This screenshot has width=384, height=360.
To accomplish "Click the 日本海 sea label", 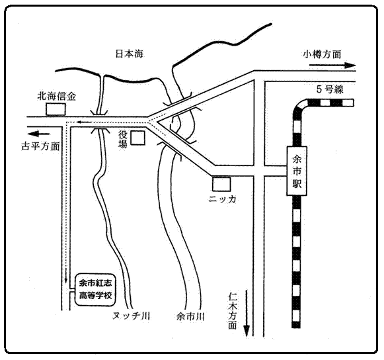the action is coord(130,54).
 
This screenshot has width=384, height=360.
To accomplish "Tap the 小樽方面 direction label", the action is coord(322,54).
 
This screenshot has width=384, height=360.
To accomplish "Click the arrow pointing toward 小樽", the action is coord(332,66).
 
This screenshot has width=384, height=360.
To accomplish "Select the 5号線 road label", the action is coord(330,89).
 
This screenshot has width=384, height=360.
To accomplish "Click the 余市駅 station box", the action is coord(297,171).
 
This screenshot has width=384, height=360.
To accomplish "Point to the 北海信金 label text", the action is coord(57,96).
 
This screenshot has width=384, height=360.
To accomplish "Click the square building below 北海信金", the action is coord(56,109).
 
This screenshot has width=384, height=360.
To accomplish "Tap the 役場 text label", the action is coord(123,139).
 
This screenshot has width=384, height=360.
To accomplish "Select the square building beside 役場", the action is coord(138,138).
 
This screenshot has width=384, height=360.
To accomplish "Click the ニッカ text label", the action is coord(222,199).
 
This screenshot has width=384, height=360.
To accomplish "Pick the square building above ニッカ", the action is coord(221,184).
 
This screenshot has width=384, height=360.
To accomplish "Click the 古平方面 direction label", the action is coord(41,146).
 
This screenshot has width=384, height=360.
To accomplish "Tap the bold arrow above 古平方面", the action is coord(38,134).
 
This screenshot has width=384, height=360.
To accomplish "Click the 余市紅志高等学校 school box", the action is coord(95,290).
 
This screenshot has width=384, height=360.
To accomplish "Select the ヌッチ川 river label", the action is coord(132,316).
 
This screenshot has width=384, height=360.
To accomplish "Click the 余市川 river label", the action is coord(190,316).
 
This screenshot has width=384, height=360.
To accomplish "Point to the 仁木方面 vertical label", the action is coord(233,311).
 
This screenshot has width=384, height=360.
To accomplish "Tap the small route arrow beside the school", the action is coord(65,275).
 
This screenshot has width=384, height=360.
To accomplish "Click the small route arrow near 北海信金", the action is coord(83,121).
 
